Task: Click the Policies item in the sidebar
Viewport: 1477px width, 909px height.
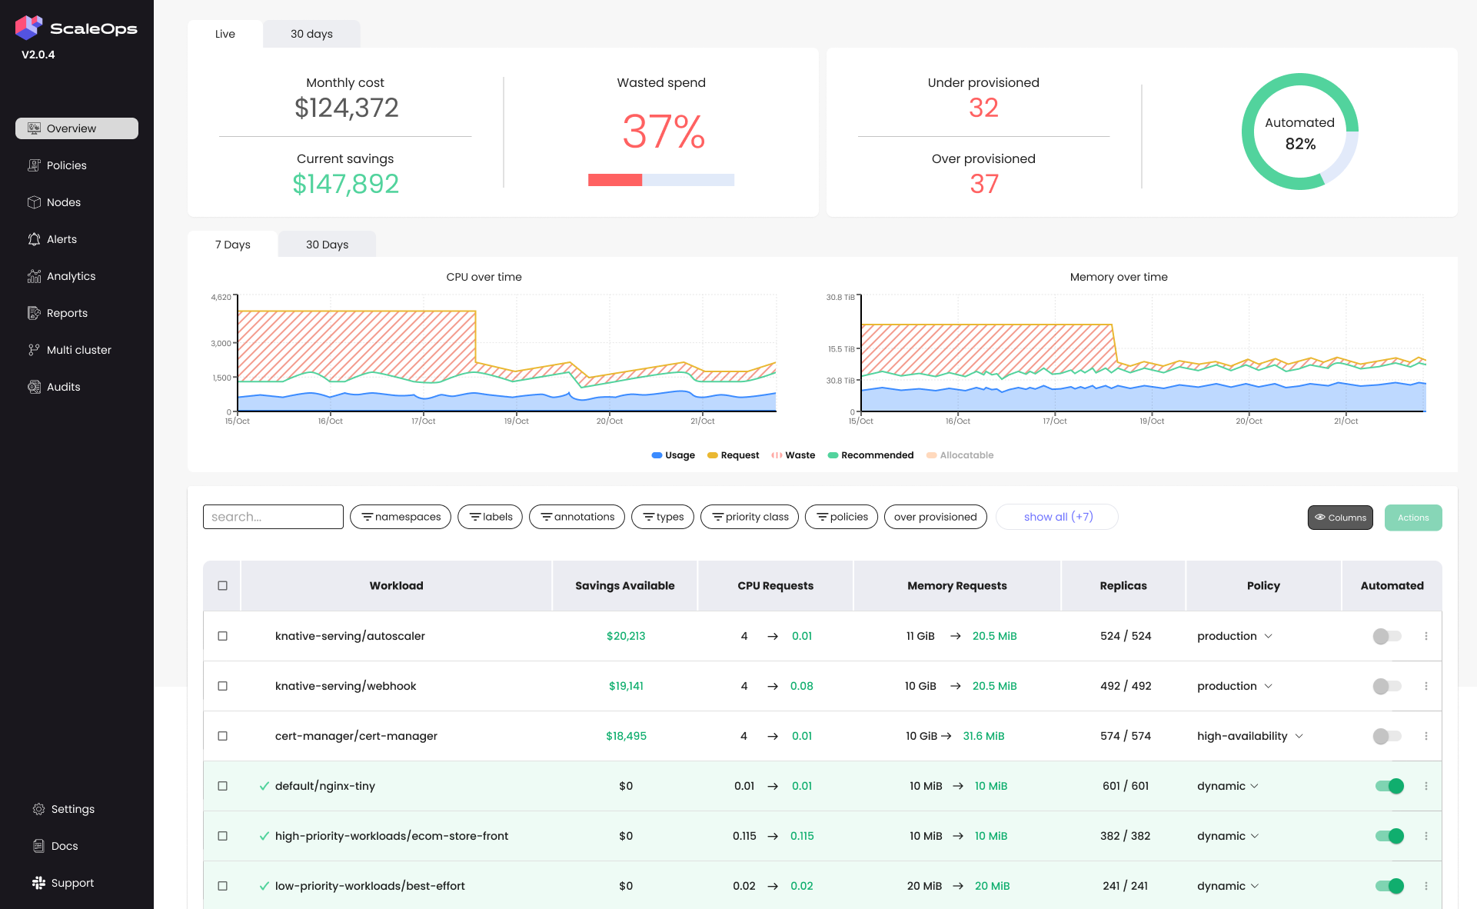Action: pos(66,165)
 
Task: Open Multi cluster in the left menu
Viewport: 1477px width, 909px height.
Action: pos(78,350)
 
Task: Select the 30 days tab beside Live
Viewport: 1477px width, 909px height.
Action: pos(311,34)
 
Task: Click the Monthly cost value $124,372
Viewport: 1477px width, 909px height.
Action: pos(346,108)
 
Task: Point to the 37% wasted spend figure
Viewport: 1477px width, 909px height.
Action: pos(663,132)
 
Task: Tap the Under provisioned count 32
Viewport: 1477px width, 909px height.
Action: pos(983,108)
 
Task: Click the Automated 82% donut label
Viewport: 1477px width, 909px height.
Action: pos(1299,132)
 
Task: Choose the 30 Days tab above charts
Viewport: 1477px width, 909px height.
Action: pos(327,245)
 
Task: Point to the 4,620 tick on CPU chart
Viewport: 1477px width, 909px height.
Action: pos(221,297)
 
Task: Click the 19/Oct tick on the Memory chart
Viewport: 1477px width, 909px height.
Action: pos(1151,421)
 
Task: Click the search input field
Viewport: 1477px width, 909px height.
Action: pos(273,517)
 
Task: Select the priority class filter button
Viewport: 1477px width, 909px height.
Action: pos(750,517)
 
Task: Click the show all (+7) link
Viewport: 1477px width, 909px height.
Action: pos(1057,517)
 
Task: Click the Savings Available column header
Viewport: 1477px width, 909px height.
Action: pos(624,586)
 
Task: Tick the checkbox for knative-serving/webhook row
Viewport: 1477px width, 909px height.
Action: pos(223,686)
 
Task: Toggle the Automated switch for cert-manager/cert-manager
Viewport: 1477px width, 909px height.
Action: pos(1387,736)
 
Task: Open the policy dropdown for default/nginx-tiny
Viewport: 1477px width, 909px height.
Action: pos(1228,786)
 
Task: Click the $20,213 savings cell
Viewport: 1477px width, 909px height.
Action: pos(625,636)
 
